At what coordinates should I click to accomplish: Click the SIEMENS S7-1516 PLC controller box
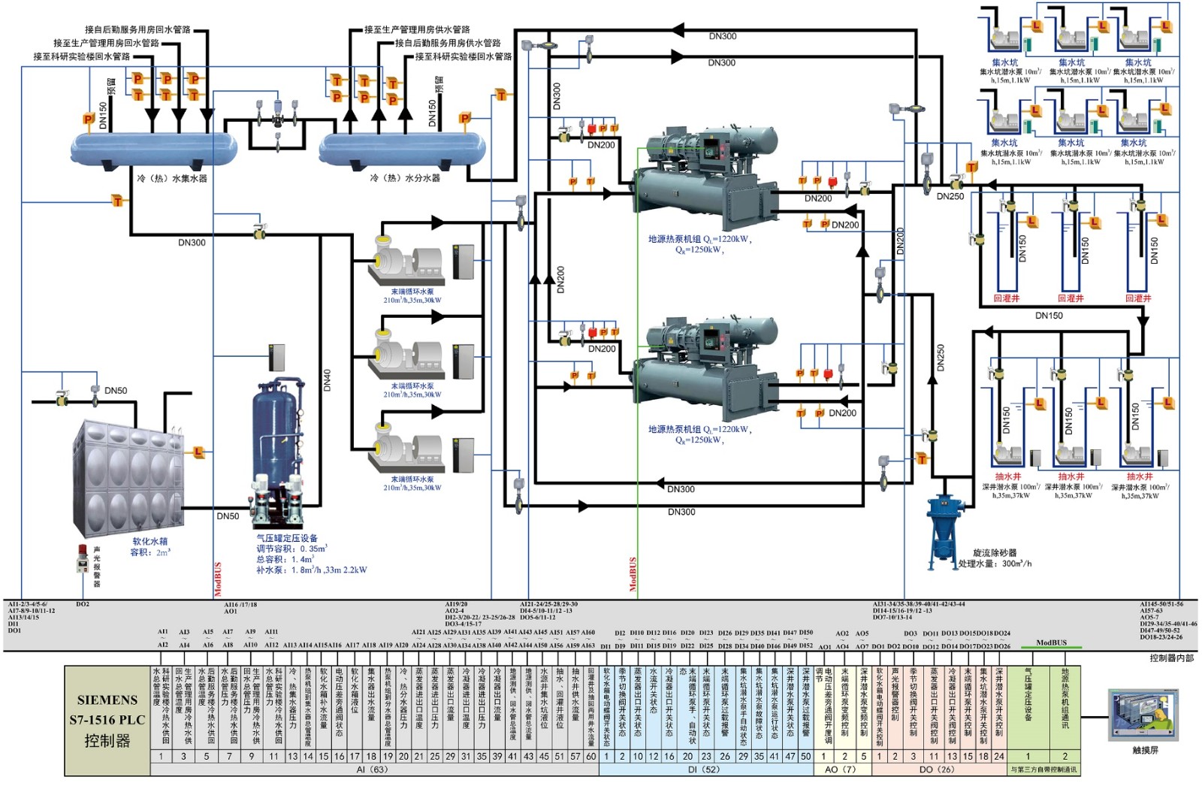click(x=107, y=720)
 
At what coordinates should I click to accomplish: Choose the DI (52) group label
click(x=704, y=769)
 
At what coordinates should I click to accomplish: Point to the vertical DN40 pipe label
click(x=327, y=379)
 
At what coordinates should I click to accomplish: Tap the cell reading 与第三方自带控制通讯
click(x=1043, y=769)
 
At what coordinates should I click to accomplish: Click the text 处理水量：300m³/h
click(x=995, y=564)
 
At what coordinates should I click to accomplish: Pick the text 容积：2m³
click(x=150, y=552)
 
